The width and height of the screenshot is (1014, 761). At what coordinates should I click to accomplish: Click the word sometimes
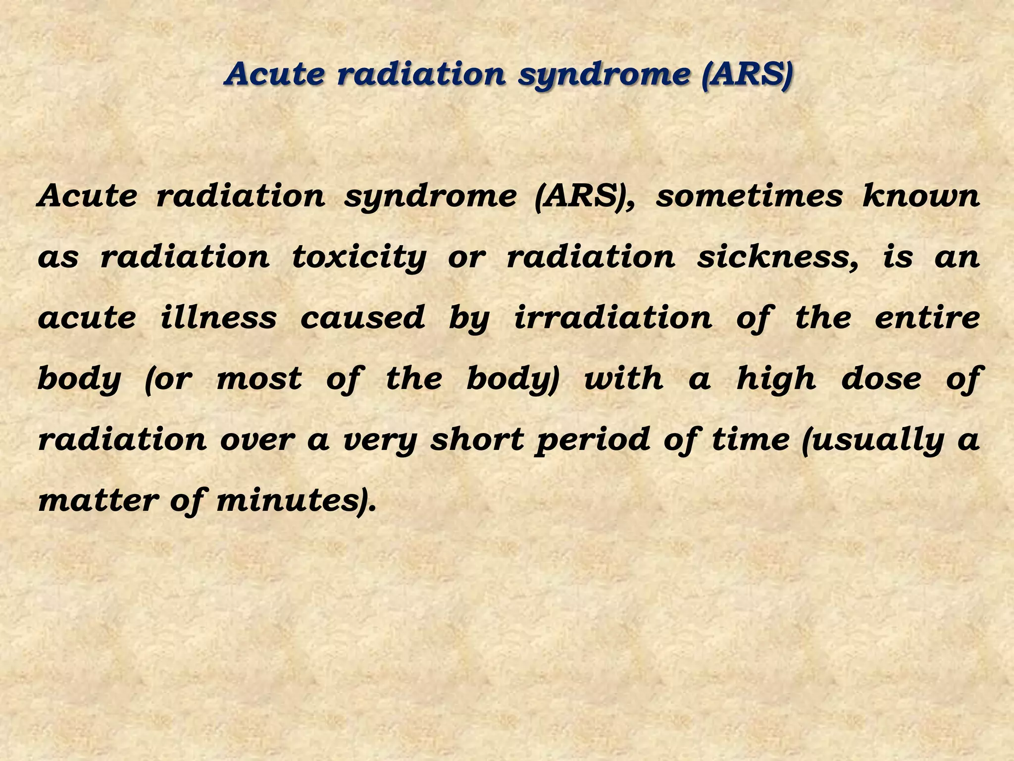click(749, 196)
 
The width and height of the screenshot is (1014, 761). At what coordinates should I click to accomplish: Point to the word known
click(921, 196)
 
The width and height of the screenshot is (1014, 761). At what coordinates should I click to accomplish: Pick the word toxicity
click(359, 258)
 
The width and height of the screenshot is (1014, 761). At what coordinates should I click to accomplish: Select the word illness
click(218, 317)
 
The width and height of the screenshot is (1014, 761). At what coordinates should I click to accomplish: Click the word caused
click(362, 317)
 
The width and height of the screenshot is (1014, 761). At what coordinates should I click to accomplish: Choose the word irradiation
click(613, 317)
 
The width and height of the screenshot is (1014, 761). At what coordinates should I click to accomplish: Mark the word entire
click(927, 317)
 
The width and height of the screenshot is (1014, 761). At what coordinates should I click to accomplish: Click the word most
click(259, 379)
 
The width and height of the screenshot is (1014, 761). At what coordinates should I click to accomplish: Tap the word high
click(776, 380)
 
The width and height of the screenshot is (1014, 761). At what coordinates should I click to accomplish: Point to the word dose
click(881, 379)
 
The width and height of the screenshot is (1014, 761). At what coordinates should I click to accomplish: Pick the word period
click(593, 440)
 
